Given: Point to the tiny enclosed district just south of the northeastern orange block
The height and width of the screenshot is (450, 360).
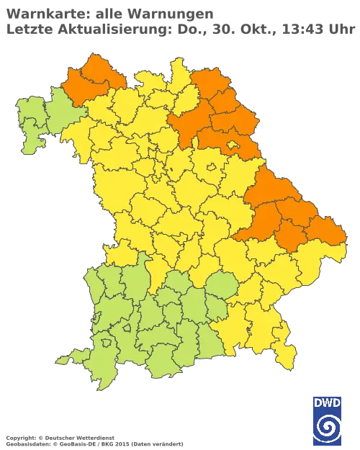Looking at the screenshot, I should tap(212, 167).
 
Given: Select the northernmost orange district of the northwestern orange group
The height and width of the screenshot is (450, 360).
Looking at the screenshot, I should tap(94, 68).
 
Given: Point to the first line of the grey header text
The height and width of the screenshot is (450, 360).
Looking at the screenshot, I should tap(108, 13).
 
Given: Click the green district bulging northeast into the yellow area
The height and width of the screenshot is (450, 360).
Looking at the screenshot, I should tap(222, 287).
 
